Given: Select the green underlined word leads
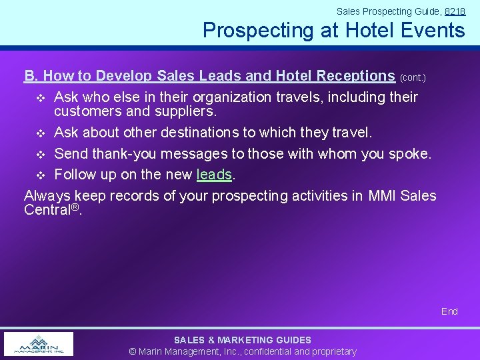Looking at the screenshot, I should tap(215, 175).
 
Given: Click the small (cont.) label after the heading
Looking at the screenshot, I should tap(413, 78).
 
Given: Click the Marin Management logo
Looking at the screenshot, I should tap(39, 344).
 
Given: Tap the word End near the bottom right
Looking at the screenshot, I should tap(449, 311).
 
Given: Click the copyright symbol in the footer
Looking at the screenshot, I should tap(133, 351).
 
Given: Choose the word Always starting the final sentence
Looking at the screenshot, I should tap(47, 196).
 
